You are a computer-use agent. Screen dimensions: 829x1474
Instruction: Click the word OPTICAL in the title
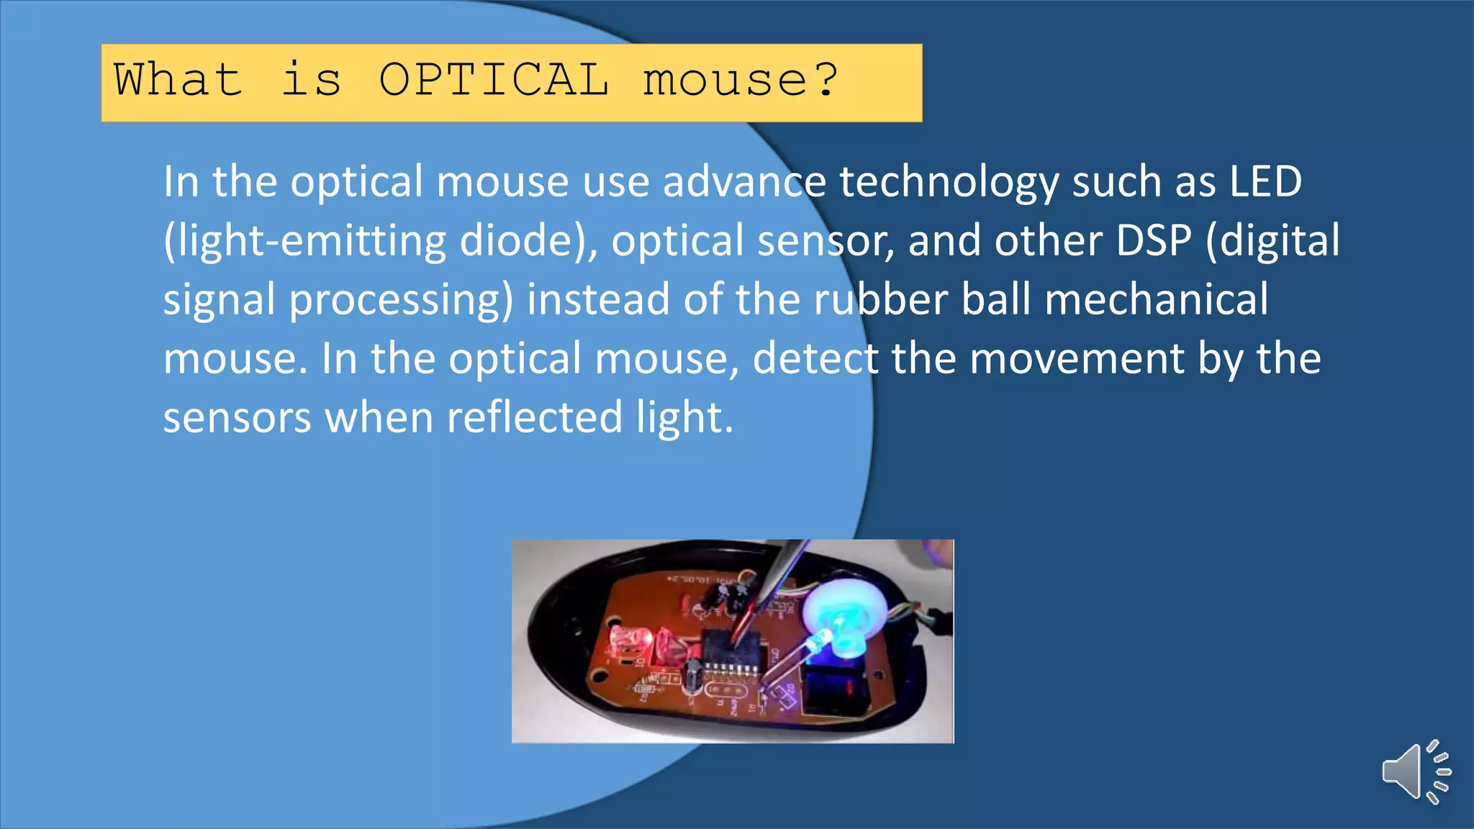pyautogui.click(x=494, y=80)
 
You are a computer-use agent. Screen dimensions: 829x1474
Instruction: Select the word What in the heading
pyautogui.click(x=178, y=80)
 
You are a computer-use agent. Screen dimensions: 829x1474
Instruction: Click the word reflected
pyautogui.click(x=534, y=417)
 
